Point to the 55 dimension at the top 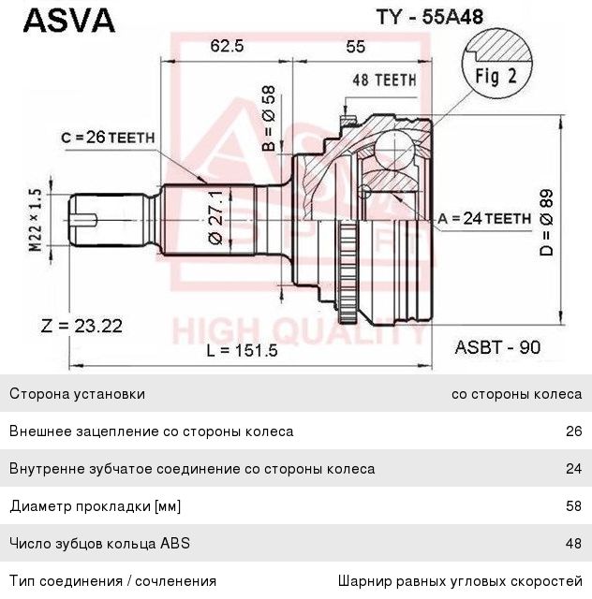tap(355, 46)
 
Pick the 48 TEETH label tap(384, 80)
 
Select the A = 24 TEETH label tap(484, 218)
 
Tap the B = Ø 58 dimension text tap(268, 119)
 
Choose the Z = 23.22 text tap(82, 326)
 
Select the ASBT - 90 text tap(497, 347)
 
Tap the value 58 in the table tap(573, 506)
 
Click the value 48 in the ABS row tap(573, 544)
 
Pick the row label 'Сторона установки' tap(77, 394)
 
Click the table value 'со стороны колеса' tap(516, 394)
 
